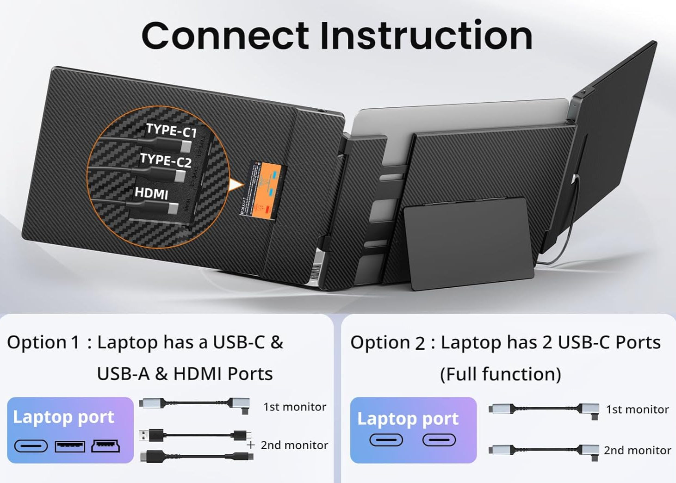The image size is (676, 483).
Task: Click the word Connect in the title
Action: (x=225, y=36)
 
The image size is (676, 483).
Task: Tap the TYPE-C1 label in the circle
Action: (x=171, y=131)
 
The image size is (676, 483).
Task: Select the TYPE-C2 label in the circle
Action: (x=165, y=160)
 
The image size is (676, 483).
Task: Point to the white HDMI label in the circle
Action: (x=151, y=193)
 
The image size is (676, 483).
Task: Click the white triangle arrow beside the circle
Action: (x=236, y=186)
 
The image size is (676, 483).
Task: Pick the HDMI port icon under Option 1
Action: (x=105, y=446)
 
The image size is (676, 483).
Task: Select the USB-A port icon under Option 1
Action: (x=70, y=446)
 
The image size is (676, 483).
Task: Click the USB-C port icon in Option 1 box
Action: (x=31, y=446)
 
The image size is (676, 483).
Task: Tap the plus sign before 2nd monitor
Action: (x=251, y=445)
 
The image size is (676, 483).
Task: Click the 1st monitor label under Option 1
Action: (x=295, y=407)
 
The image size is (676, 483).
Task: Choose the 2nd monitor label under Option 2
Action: (x=637, y=450)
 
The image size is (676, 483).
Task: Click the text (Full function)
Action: (x=500, y=374)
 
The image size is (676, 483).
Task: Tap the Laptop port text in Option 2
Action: (x=408, y=418)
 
